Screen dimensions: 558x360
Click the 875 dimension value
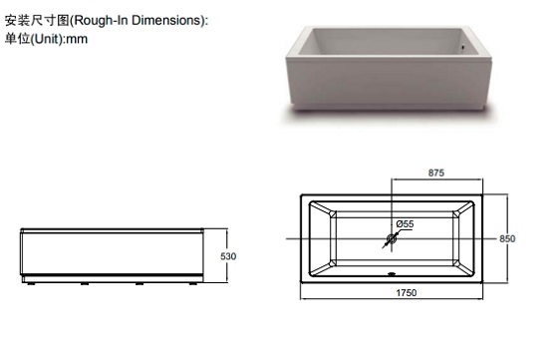coord(436,173)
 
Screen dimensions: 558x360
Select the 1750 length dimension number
coord(407,293)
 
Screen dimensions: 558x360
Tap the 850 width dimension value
coord(507,238)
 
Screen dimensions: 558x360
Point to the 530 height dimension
coord(228,256)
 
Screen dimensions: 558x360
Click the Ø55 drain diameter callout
coord(405,224)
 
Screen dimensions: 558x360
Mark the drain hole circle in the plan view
coord(392,238)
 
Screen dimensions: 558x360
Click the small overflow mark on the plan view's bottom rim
coord(392,274)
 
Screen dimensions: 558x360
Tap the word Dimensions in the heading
coord(166,20)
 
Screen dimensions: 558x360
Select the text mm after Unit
coord(77,39)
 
